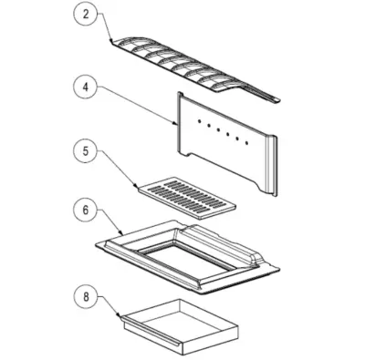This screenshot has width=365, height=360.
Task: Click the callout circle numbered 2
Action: pos(86,15)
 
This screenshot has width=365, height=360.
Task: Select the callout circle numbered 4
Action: pos(86,87)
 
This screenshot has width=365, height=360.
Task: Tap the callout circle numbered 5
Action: pos(86,151)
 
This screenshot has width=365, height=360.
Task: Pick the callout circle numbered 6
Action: pos(86,211)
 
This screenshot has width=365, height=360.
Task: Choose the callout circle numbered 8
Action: pos(86,297)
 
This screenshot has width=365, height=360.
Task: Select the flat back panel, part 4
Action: pos(225,143)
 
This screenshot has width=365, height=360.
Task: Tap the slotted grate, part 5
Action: pos(185,198)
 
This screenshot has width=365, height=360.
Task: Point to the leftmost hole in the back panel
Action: pos(199,121)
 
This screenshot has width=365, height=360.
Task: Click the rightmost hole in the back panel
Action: pos(246,142)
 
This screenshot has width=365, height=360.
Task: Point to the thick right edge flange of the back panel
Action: pos(271,166)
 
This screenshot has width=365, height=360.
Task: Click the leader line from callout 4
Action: pos(137,106)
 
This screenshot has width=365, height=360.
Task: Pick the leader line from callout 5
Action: pos(117,168)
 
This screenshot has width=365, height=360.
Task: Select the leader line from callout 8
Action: pos(109,306)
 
